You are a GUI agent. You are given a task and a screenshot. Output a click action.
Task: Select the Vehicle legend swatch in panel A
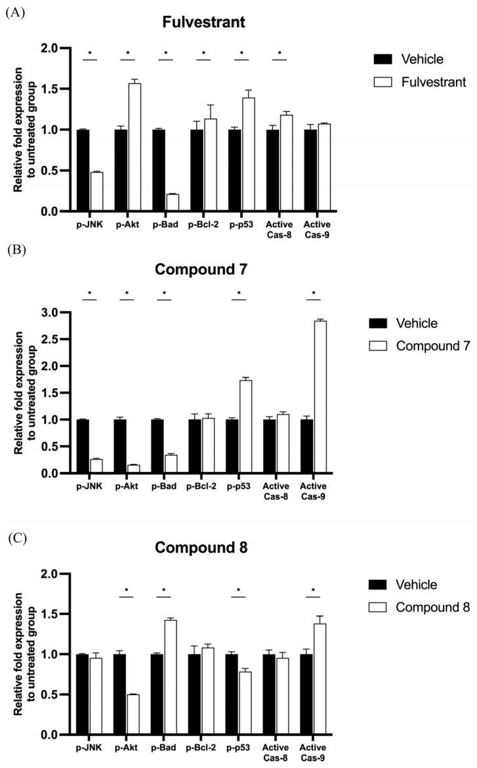coord(381,60)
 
